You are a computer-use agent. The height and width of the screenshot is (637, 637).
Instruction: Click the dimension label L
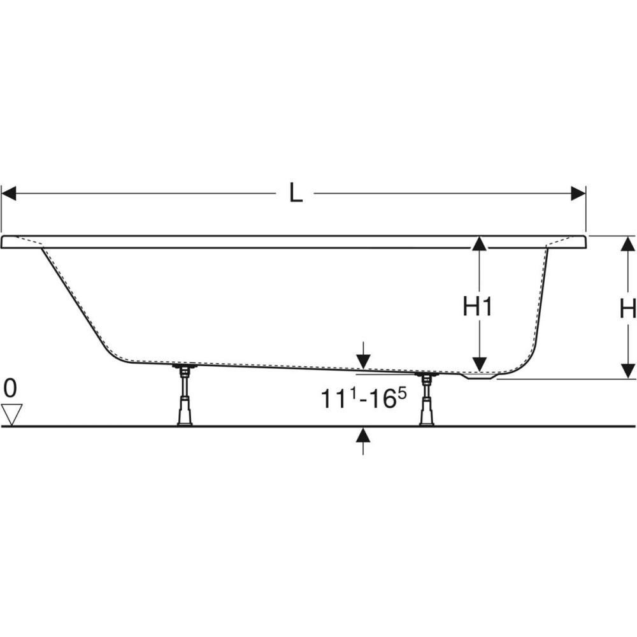coord(296,193)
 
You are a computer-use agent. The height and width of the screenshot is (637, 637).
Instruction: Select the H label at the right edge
coord(628,310)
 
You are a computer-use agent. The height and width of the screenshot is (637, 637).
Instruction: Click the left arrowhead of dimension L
coord(8,194)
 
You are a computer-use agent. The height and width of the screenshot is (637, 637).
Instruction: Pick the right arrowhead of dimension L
coord(578,194)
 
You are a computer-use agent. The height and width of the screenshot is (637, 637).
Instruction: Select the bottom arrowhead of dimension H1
coord(480,364)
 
